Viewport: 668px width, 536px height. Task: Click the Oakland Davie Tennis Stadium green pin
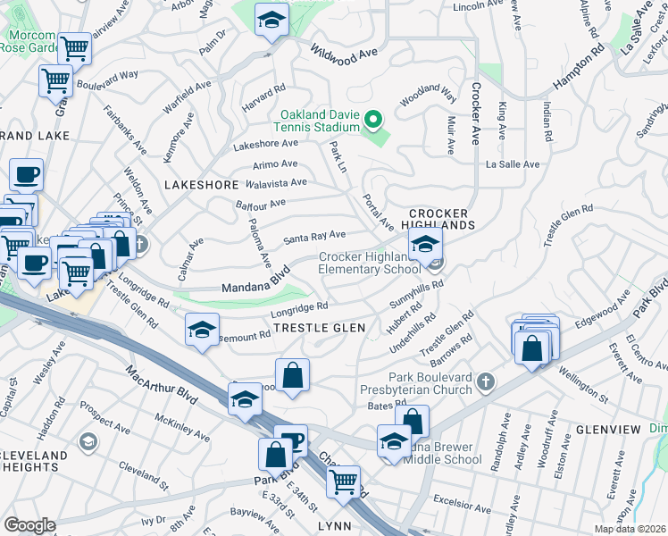pyautogui.click(x=376, y=117)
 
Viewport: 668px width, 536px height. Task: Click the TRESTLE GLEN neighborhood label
pyautogui.click(x=319, y=328)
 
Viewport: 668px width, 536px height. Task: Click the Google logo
pyautogui.click(x=29, y=525)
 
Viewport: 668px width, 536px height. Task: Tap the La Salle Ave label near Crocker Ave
pyautogui.click(x=513, y=164)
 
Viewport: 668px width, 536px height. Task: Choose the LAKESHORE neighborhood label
pyautogui.click(x=202, y=185)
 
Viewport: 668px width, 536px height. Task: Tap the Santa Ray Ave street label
pyautogui.click(x=314, y=237)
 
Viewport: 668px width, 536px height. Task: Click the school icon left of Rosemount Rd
pyautogui.click(x=203, y=330)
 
